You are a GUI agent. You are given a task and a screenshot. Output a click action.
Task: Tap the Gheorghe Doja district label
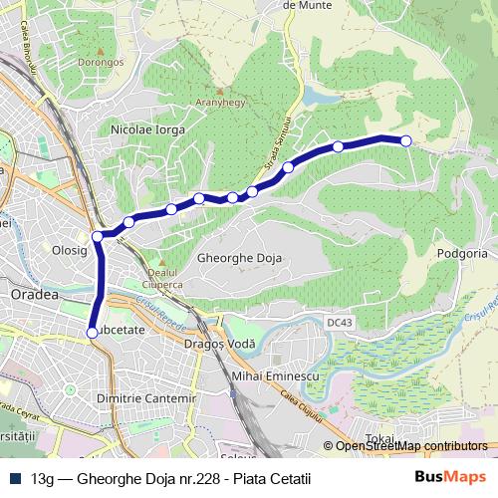[x=241, y=258]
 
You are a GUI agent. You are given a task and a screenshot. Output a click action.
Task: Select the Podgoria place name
[x=462, y=254]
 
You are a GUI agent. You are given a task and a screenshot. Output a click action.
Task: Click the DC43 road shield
[x=340, y=323]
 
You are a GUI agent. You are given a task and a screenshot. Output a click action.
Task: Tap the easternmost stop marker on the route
[x=405, y=141]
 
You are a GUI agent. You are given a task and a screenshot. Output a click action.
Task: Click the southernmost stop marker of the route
[x=92, y=333]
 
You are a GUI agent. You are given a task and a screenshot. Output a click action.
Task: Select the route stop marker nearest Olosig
[x=98, y=236]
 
